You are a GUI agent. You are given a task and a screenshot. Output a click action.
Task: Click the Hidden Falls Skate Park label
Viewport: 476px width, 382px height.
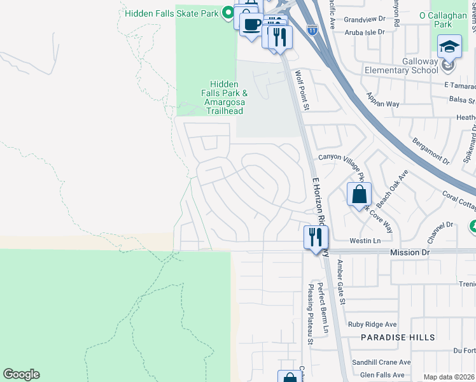coord(172,13)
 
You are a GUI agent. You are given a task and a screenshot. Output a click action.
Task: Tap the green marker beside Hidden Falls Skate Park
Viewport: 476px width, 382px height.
coord(227,13)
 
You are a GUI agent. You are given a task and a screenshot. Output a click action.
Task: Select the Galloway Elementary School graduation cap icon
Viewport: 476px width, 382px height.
coord(449,45)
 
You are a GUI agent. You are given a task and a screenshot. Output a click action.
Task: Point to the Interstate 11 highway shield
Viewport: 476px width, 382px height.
coord(311,29)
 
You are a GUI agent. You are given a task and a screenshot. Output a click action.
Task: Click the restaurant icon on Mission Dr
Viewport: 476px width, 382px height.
coord(316,237)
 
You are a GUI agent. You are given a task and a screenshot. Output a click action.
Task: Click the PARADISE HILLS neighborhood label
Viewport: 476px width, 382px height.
coord(398,337)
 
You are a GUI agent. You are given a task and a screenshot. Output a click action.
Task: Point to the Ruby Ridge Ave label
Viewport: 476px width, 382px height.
coord(372,324)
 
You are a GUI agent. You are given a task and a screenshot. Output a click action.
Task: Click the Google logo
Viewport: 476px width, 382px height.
coord(21,374)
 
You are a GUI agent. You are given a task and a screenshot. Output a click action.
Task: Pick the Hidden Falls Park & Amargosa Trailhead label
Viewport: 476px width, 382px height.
coord(223,97)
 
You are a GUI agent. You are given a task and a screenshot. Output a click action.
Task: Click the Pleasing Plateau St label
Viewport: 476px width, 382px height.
coord(311,314)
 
